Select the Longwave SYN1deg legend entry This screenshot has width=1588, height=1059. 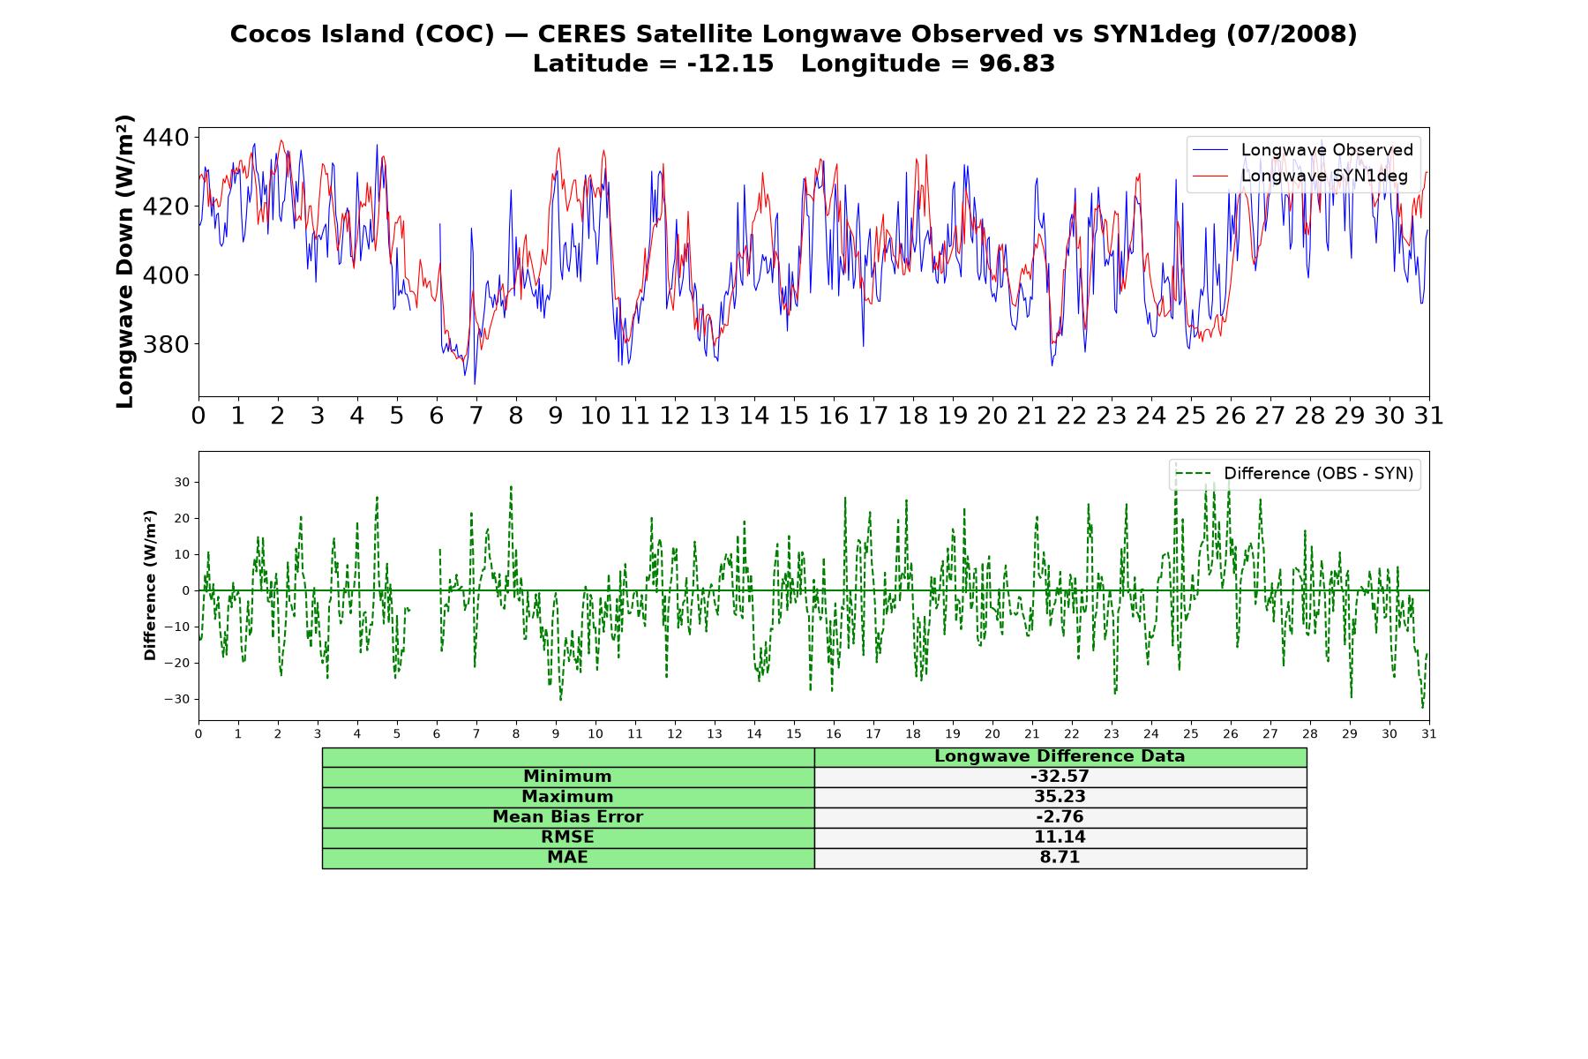coord(1300,176)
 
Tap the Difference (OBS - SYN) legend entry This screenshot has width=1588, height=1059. coord(1294,474)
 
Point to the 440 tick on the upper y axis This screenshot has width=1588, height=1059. coord(165,138)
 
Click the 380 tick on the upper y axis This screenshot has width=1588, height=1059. coord(165,344)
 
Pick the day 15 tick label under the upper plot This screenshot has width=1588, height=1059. coord(794,416)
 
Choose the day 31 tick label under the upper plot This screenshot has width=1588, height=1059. coord(1429,416)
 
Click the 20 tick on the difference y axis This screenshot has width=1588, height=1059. coord(182,518)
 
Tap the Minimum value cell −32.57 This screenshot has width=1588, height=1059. coord(1060,777)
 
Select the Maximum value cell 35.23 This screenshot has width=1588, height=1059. coord(1060,797)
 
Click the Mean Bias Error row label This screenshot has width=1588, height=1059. coord(567,817)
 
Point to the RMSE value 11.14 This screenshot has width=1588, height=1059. coord(1060,837)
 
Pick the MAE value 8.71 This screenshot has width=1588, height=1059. coord(1060,858)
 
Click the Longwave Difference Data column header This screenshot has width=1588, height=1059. coord(1060,756)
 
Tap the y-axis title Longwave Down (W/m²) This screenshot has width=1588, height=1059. coord(125,261)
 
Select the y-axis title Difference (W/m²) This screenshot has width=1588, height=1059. coord(150,585)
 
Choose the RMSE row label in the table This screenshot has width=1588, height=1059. coord(567,837)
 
